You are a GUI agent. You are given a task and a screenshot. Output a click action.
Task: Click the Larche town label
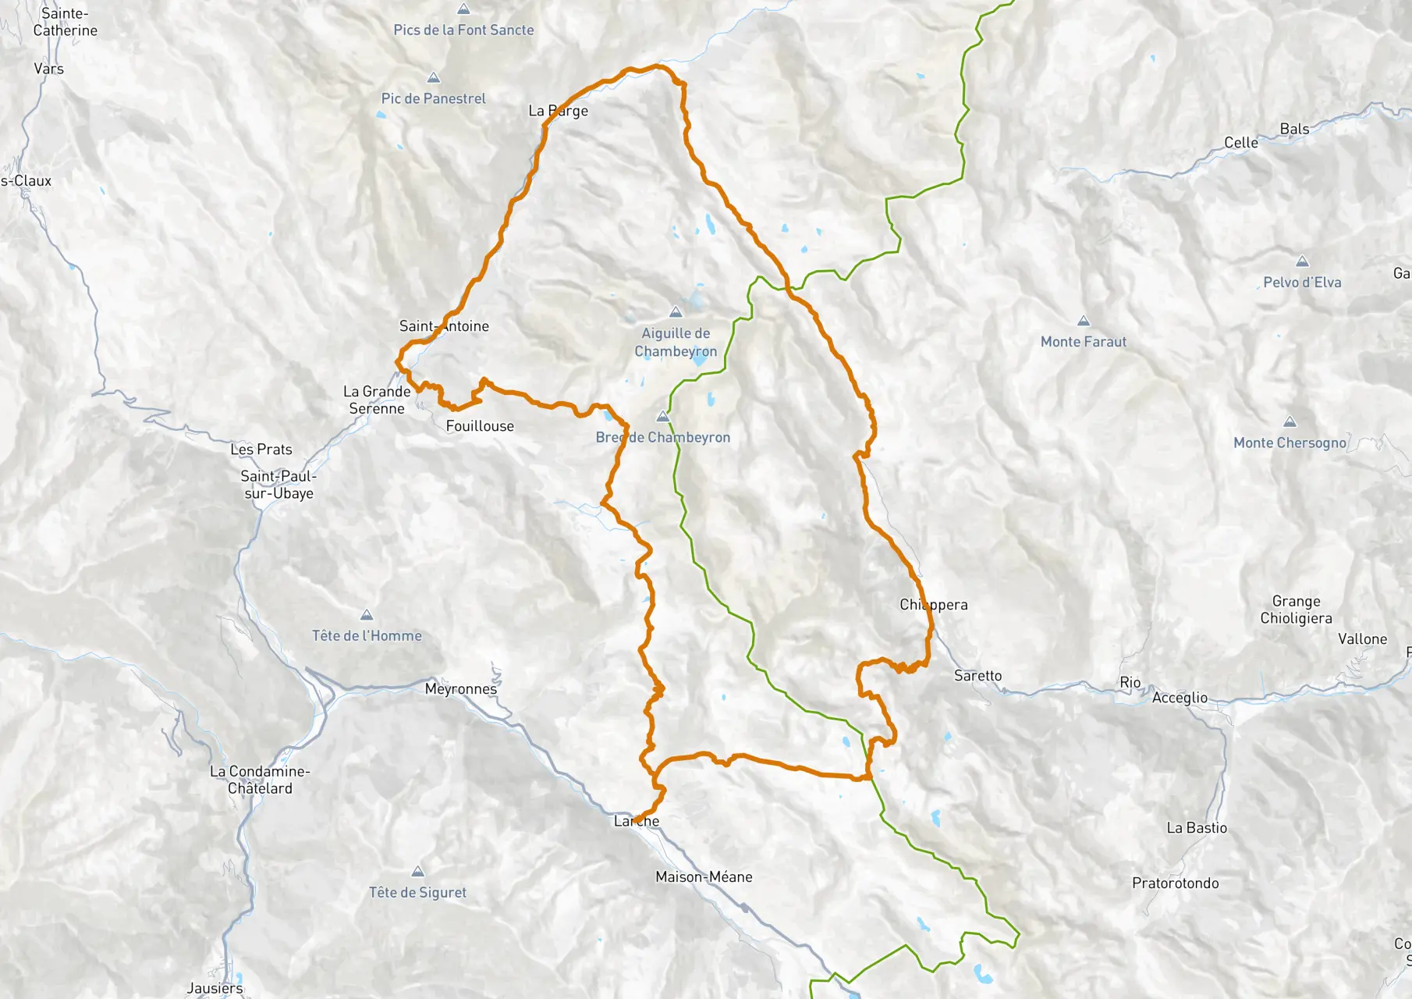pyautogui.click(x=637, y=821)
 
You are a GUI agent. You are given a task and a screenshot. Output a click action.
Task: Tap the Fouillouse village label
pyautogui.click(x=480, y=426)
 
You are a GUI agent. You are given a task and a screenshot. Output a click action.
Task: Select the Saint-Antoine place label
pyautogui.click(x=444, y=326)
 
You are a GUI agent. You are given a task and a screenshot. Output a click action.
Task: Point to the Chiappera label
pyautogui.click(x=933, y=605)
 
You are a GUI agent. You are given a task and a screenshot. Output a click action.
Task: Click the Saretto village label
pyautogui.click(x=977, y=676)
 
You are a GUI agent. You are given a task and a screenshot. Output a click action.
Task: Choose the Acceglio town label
pyautogui.click(x=1180, y=698)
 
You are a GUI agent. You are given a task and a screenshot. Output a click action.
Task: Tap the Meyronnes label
pyautogui.click(x=461, y=689)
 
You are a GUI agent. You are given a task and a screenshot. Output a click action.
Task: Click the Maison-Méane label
pyautogui.click(x=704, y=877)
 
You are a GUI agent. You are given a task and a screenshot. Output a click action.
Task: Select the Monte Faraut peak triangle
pyautogui.click(x=1083, y=321)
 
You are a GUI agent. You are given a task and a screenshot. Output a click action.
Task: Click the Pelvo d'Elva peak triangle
pyautogui.click(x=1302, y=261)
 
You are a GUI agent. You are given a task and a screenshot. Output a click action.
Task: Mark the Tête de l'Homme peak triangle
pyautogui.click(x=367, y=615)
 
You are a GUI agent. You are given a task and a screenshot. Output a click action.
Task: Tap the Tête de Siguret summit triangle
pyautogui.click(x=417, y=872)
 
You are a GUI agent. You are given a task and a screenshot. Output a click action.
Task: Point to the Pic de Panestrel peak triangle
pyautogui.click(x=434, y=78)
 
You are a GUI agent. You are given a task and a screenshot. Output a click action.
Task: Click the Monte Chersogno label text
pyautogui.click(x=1290, y=443)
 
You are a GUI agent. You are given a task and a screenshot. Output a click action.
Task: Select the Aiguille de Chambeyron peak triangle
pyautogui.click(x=676, y=312)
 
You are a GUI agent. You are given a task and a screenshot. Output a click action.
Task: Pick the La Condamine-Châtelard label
pyautogui.click(x=260, y=780)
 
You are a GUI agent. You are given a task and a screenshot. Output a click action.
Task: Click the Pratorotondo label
pyautogui.click(x=1175, y=883)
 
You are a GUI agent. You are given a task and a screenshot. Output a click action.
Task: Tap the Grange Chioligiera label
pyautogui.click(x=1296, y=610)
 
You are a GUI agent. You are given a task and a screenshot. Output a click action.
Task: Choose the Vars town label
pyautogui.click(x=48, y=69)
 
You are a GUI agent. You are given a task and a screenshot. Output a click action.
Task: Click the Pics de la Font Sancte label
pyautogui.click(x=463, y=30)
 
